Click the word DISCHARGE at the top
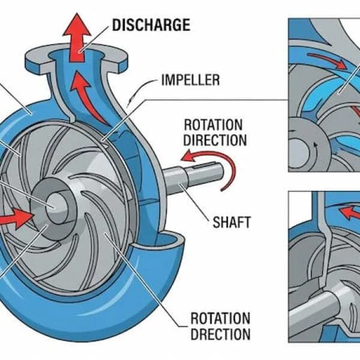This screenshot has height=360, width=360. tap(151, 25)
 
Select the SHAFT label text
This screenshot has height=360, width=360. tap(232, 223)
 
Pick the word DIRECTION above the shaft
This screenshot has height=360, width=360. tap(215, 141)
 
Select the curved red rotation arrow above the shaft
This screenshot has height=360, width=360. tap(210, 161)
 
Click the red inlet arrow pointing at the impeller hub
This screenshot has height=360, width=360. tap(17, 217)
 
